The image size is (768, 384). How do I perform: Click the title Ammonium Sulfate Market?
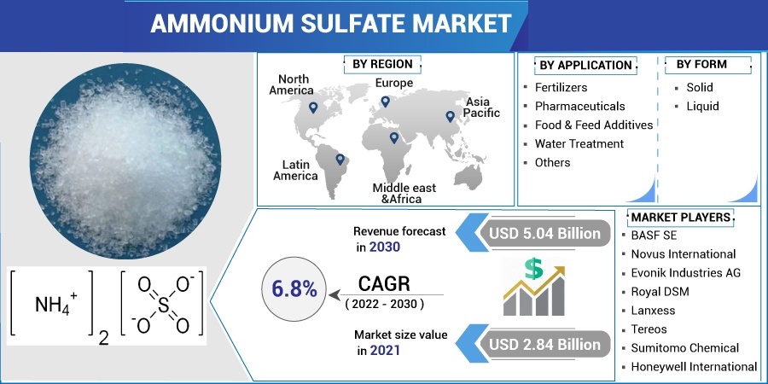point(330,24)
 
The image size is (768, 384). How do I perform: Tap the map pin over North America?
point(312,108)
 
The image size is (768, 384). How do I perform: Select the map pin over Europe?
point(386,102)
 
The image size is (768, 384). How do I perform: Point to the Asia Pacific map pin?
point(450,117)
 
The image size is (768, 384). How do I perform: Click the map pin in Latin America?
point(340,160)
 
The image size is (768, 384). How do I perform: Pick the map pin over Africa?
point(393,138)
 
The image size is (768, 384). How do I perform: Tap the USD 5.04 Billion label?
point(544,233)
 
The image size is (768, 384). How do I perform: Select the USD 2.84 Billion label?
point(544,345)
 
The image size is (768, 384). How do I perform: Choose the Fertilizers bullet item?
point(561,88)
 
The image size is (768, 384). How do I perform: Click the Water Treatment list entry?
point(579,143)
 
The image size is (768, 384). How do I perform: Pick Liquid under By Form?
point(702,107)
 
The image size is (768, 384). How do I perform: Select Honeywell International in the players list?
point(694,366)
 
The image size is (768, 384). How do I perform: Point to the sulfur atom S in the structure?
point(163,305)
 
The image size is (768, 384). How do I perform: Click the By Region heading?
point(382,64)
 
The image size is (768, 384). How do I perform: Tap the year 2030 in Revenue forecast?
point(385,247)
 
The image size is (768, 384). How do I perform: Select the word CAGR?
point(385,284)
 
